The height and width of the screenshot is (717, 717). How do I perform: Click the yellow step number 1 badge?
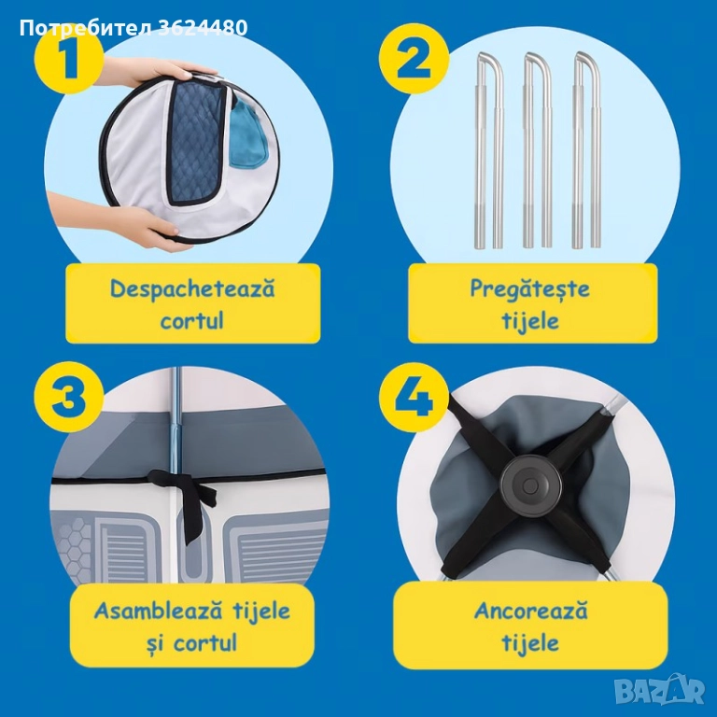tap(68, 60)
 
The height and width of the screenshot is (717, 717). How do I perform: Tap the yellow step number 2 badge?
tap(415, 59)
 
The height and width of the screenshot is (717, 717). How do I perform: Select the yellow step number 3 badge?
tap(69, 397)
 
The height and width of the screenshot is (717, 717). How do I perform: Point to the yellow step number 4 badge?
tap(415, 397)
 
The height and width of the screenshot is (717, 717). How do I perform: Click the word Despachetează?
tap(192, 289)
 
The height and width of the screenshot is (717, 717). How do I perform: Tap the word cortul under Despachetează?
tap(192, 320)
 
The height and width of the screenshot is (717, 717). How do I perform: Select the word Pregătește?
tap(530, 290)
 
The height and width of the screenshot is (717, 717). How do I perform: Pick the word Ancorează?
tap(530, 612)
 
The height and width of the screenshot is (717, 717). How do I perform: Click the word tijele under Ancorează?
tap(530, 642)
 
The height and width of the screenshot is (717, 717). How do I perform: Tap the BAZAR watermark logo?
tap(659, 689)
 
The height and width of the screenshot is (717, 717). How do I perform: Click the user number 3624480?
tap(204, 28)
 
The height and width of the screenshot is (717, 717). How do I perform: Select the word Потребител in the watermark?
tap(86, 28)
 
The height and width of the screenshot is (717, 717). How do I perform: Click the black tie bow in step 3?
tap(186, 499)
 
